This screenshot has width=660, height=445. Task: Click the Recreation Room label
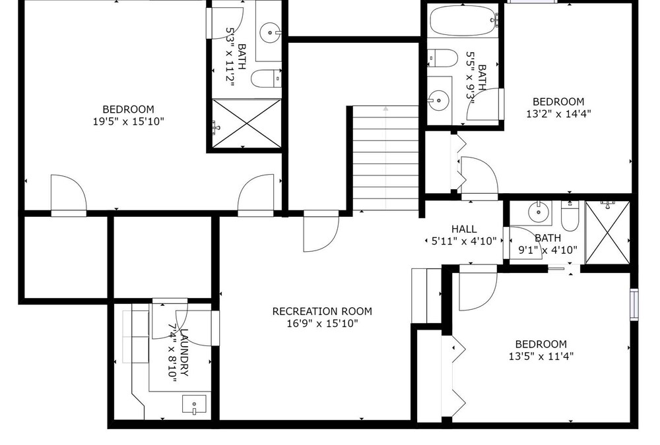point(322,311)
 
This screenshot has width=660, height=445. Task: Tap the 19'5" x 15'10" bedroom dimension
point(129,121)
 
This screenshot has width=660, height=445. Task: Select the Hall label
point(464,229)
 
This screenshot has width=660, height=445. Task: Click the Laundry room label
point(184,352)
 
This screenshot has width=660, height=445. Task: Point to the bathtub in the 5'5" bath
point(463,20)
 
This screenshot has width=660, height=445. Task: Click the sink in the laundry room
point(194,404)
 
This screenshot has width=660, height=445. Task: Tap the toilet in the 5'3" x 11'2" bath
point(265,78)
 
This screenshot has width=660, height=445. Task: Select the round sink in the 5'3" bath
point(270,32)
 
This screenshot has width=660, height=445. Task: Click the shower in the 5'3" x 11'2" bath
point(246,123)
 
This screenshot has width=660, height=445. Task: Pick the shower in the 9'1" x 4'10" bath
point(607,233)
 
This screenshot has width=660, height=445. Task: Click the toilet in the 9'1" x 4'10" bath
point(570,216)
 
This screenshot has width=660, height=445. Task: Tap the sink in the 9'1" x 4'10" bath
point(539,212)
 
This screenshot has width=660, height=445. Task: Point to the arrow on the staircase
point(385,158)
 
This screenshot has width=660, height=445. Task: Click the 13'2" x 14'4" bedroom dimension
point(558,113)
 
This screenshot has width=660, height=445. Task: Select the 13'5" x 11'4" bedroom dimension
point(541,356)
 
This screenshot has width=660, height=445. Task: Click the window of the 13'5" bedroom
point(634,305)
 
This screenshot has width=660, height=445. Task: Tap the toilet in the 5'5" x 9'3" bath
point(442,57)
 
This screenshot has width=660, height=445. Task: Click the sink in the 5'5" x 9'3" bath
point(439,100)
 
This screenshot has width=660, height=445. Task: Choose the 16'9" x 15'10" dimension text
point(323,324)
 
